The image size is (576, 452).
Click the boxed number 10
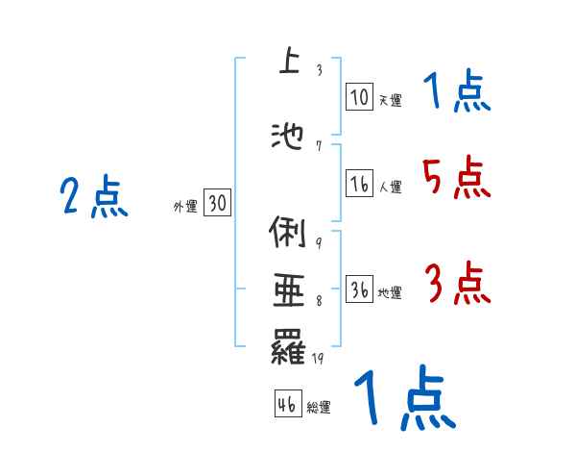point(359,96)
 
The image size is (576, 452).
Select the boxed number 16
point(359,185)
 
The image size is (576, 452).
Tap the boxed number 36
point(359,290)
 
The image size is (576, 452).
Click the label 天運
point(390,99)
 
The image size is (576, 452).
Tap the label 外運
point(185,206)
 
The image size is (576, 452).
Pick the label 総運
point(319,408)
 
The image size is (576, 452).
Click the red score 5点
point(456,178)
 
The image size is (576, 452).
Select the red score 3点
point(457,284)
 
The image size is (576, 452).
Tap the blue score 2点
point(94,198)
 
